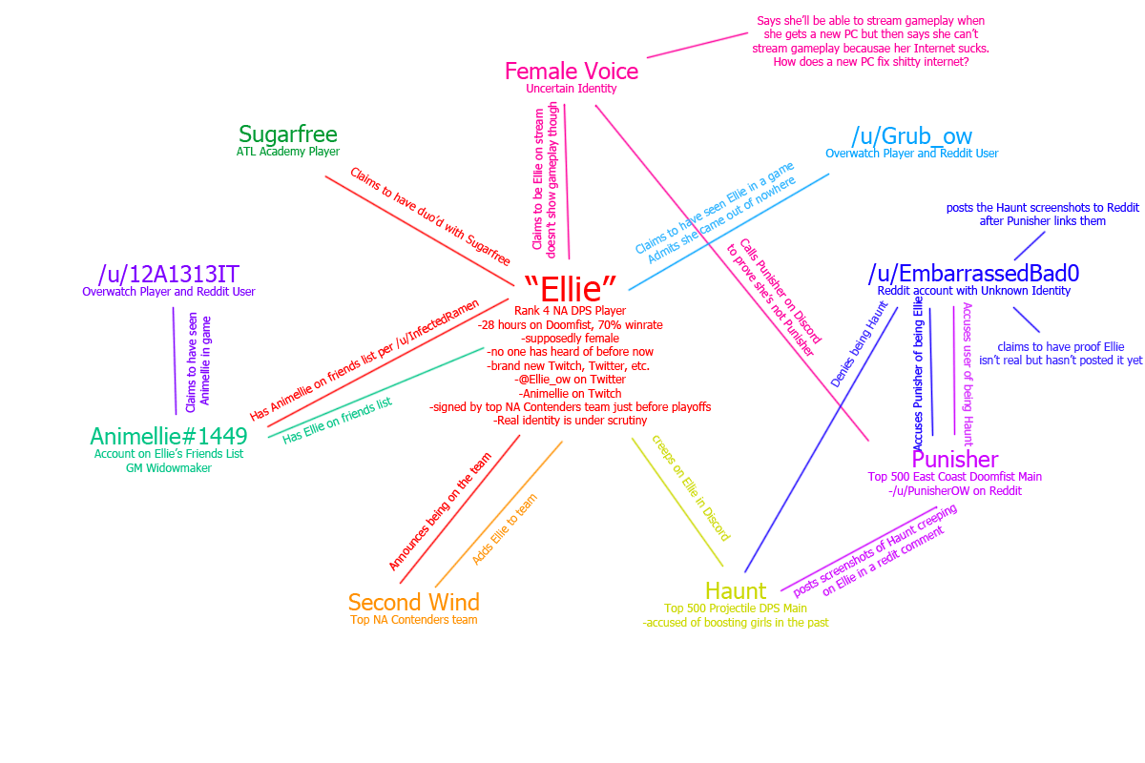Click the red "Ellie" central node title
571,287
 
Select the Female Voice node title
571,72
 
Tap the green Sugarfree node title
287,134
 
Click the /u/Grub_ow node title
911,136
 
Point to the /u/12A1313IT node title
168,275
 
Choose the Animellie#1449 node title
169,437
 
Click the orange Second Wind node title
413,603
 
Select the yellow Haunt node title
736,591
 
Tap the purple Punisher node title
954,461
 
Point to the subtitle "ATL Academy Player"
287,152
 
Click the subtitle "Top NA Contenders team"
413,620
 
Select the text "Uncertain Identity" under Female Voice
571,89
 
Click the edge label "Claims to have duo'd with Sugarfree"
430,217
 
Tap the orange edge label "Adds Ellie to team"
505,528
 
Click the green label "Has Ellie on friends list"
337,421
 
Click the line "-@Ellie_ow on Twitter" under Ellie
571,379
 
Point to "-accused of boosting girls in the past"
736,623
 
